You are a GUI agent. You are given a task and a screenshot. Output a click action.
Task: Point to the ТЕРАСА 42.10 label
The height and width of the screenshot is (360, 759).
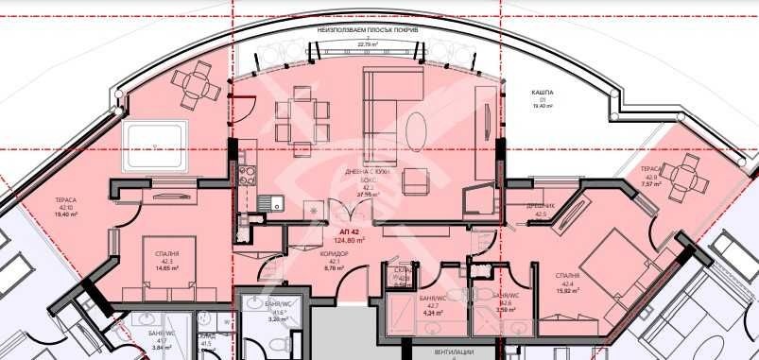(67, 201)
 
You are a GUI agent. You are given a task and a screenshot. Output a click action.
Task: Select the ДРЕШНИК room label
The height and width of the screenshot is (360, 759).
(541, 207)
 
